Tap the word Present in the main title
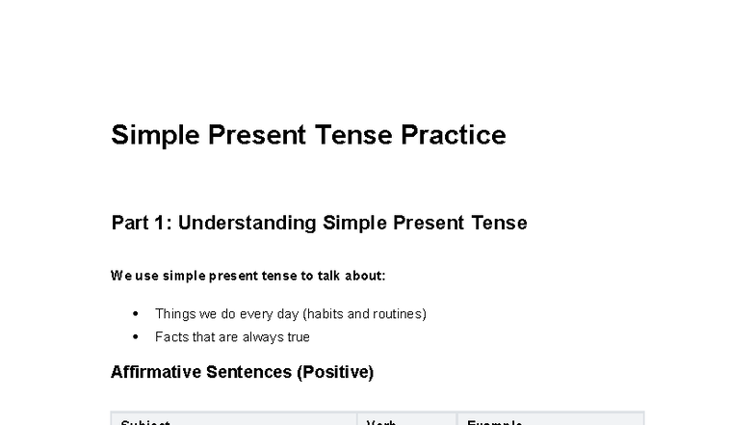click(x=255, y=135)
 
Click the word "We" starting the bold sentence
click(x=119, y=276)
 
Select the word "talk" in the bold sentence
click(x=329, y=276)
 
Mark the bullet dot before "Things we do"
click(x=135, y=314)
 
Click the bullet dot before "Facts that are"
click(x=135, y=337)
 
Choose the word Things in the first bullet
click(x=175, y=314)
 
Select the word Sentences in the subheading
click(x=247, y=372)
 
